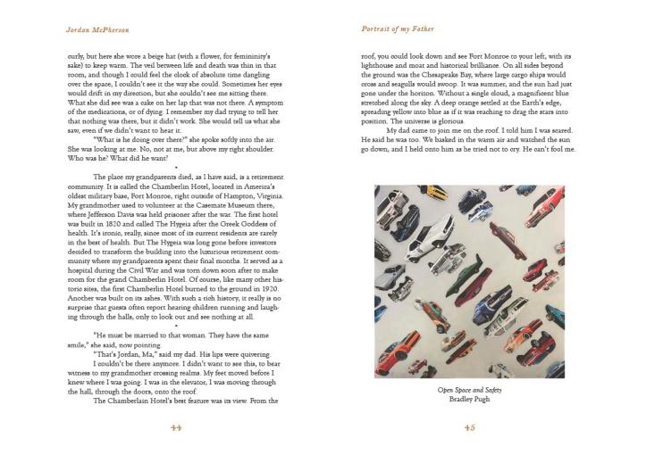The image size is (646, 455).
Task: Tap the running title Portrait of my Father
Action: point(399,29)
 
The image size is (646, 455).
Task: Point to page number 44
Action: point(175,426)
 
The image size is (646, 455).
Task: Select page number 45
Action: point(470,426)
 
